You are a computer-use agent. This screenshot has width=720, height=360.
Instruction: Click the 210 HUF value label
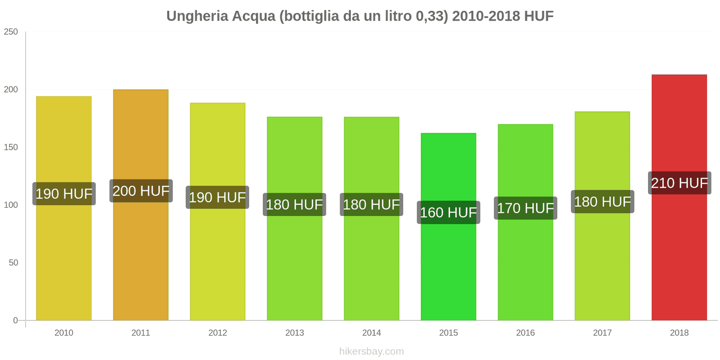tap(679, 183)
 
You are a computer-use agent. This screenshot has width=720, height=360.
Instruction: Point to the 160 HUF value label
tap(448, 212)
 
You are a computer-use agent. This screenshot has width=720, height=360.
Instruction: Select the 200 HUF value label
tap(141, 191)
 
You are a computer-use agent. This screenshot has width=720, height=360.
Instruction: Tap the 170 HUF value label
tap(525, 208)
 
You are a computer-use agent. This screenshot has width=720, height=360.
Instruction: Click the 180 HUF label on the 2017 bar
tap(602, 202)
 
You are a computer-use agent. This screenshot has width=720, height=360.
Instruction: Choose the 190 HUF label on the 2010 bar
tap(64, 194)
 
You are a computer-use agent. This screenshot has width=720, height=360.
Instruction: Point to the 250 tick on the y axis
tap(11, 31)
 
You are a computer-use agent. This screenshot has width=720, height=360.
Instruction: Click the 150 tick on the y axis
tap(11, 147)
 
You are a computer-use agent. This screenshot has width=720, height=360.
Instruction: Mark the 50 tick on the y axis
tap(13, 263)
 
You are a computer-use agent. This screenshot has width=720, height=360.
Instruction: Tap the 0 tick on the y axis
tap(16, 320)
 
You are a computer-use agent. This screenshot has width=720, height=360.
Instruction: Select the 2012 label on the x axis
tap(217, 333)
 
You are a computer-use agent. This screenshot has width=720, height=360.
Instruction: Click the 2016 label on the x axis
tap(525, 333)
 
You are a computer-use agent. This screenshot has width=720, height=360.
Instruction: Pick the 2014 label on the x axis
tap(371, 333)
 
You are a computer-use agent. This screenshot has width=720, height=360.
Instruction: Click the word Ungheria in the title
tap(196, 16)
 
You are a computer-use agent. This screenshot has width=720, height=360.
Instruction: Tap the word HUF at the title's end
tap(538, 16)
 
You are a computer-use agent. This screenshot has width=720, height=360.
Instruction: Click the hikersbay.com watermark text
tap(371, 351)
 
